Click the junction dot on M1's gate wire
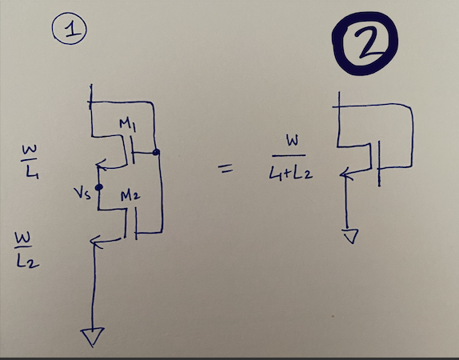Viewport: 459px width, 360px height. tap(156, 152)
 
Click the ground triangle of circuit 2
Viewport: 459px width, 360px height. tap(349, 236)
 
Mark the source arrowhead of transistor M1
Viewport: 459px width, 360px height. tap(99, 167)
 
